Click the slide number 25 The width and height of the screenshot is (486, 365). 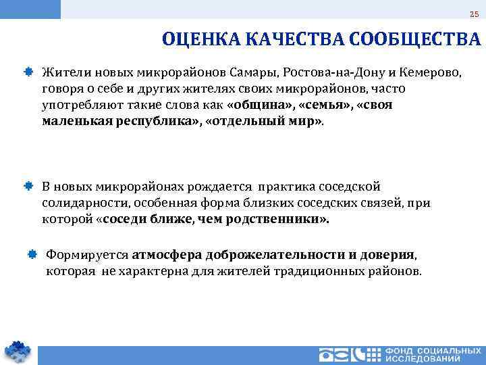click(x=473, y=15)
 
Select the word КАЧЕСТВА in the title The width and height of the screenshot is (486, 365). click(x=292, y=40)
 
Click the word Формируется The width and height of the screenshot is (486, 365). click(x=86, y=254)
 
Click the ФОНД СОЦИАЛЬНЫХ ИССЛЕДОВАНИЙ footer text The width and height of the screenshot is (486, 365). click(x=433, y=355)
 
